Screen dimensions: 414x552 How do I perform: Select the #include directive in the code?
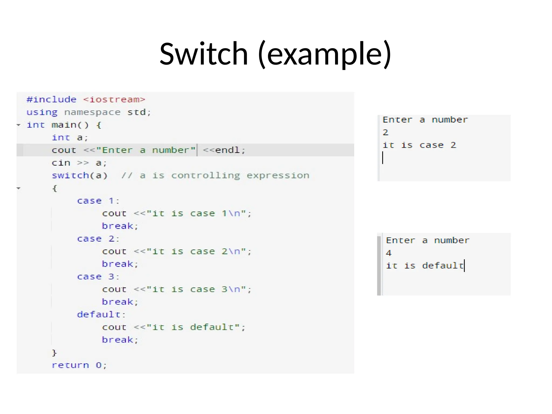[51, 99]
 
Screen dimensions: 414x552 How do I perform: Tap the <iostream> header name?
[114, 99]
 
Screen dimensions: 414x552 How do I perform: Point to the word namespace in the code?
[92, 112]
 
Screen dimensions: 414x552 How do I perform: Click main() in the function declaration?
[70, 125]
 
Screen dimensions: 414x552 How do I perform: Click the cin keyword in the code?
[61, 163]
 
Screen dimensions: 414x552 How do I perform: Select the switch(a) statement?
[80, 175]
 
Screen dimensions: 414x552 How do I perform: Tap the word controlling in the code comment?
[205, 175]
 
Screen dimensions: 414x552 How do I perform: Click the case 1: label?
[98, 201]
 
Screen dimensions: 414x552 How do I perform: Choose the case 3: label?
[98, 277]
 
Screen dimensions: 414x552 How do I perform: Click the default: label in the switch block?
[101, 315]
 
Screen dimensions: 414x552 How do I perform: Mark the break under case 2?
[120, 264]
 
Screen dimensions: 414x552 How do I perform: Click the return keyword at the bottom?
[70, 365]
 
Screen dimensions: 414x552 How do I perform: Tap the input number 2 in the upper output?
[385, 132]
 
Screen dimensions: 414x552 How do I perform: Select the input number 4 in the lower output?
[388, 253]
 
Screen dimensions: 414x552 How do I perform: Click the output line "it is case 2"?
[419, 145]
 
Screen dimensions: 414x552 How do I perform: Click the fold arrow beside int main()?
[19, 125]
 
